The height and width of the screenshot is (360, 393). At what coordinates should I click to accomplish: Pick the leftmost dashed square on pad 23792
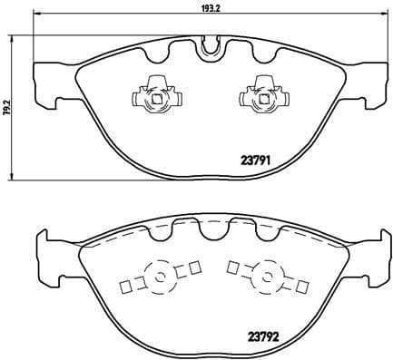point(126,289)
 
